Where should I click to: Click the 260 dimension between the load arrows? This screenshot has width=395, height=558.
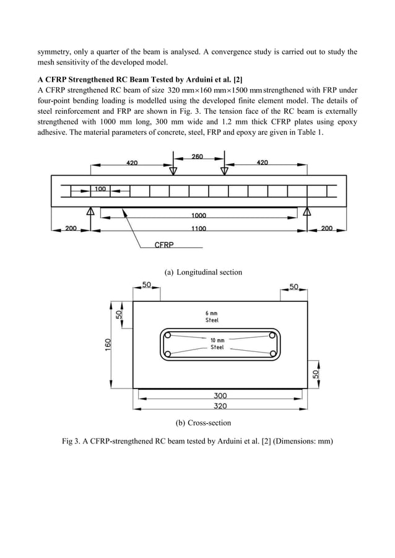(x=197, y=157)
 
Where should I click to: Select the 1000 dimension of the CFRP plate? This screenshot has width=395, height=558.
(x=199, y=216)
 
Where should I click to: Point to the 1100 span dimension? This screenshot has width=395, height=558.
(x=199, y=228)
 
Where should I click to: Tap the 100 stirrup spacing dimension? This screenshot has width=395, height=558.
(x=100, y=188)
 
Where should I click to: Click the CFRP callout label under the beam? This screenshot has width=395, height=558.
(x=164, y=246)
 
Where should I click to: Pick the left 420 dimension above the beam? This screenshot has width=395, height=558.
(x=132, y=163)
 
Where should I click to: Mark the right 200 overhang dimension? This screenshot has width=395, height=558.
(x=326, y=228)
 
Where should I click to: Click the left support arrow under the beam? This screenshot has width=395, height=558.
(x=90, y=213)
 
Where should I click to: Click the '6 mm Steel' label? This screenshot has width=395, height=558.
(x=212, y=316)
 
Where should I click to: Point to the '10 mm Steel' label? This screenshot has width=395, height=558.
(x=217, y=345)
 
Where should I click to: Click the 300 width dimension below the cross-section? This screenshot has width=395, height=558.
(x=220, y=395)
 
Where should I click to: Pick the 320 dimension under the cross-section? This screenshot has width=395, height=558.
(x=220, y=406)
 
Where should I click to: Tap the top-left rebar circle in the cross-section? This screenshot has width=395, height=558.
(x=167, y=335)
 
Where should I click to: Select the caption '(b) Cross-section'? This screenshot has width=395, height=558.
(x=203, y=423)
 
